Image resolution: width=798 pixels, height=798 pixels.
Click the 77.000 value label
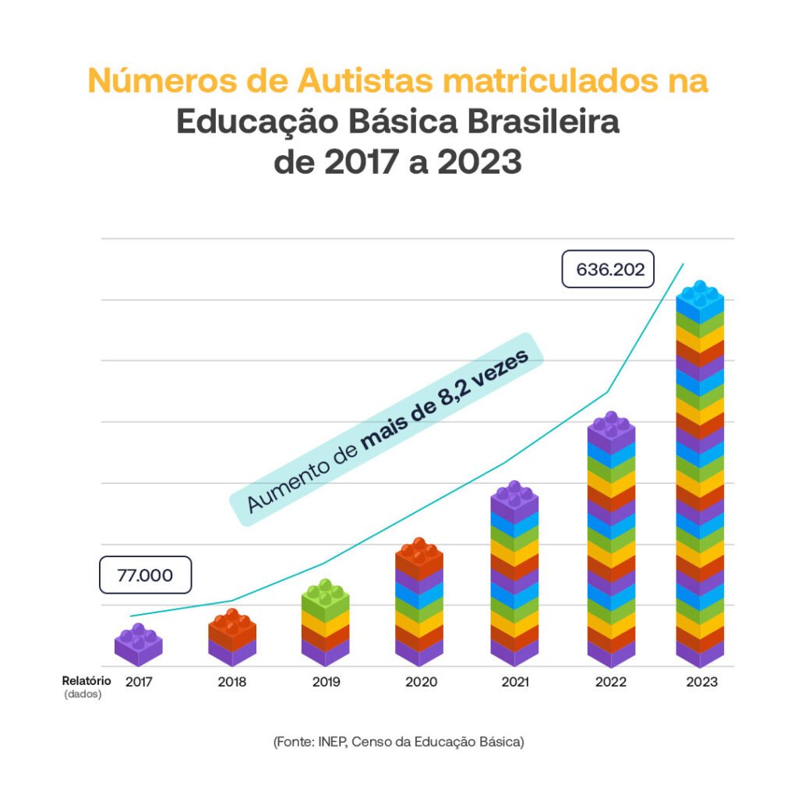click(145, 576)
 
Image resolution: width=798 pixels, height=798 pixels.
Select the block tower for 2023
click(700, 475)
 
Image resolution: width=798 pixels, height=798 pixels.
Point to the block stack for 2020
click(419, 603)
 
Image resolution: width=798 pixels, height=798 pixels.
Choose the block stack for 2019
click(326, 623)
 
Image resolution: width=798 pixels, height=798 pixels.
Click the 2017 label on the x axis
click(138, 682)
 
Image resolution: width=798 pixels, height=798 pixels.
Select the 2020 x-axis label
click(421, 682)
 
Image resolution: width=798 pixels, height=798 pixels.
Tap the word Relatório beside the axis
click(87, 681)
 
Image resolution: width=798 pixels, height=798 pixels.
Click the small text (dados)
click(83, 694)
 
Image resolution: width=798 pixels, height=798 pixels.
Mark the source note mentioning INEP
click(399, 742)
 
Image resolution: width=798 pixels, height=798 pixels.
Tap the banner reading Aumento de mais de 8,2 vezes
click(387, 430)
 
